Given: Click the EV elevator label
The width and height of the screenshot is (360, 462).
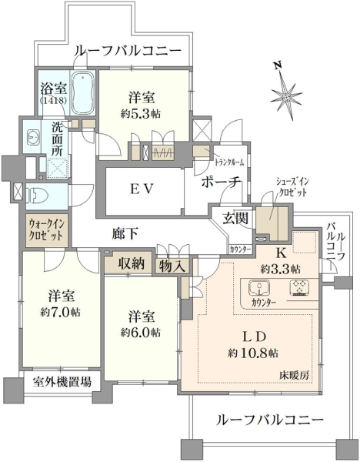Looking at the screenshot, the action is [x=142, y=189].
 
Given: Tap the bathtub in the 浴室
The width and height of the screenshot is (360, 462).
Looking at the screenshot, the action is [x=83, y=93].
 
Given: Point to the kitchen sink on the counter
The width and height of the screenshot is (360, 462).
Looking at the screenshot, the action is [x=259, y=287].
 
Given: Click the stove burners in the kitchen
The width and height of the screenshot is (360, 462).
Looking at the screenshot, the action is [x=300, y=287].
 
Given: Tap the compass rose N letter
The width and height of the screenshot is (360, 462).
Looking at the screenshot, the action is [x=277, y=65].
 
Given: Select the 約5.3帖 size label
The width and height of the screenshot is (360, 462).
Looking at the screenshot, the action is [x=141, y=113].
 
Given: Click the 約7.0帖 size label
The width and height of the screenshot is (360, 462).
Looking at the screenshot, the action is [x=60, y=312].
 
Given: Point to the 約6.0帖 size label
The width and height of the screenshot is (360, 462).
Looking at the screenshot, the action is [x=141, y=333].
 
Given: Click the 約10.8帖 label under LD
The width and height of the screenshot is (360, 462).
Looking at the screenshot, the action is [x=253, y=353].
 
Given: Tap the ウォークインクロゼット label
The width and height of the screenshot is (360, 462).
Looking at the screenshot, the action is [x=45, y=230].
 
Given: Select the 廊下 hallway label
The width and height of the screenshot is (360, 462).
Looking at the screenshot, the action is [x=125, y=233].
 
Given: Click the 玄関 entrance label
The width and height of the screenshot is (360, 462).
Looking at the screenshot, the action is [x=235, y=219].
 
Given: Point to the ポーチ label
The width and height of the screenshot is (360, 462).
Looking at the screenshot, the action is [x=222, y=182].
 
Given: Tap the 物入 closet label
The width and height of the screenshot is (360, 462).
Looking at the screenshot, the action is [x=172, y=266].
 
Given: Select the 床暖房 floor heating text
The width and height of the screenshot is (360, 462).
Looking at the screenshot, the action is [x=295, y=375].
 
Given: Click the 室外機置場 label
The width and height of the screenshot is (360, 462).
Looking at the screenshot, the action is [x=62, y=382].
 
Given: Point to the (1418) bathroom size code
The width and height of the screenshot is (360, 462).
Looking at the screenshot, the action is [x=53, y=100].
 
